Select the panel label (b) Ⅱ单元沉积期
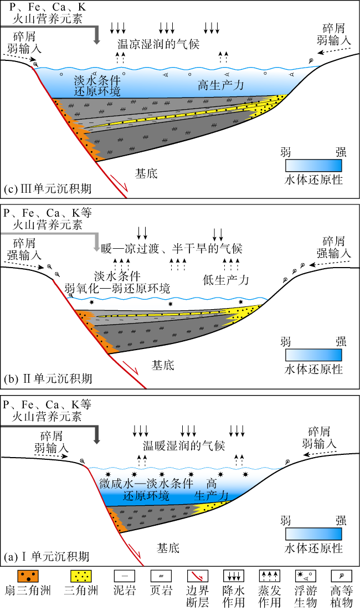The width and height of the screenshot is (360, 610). coord(48,378)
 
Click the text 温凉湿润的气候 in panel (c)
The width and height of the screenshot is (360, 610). coord(158,43)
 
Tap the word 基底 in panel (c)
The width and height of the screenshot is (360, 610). coord(147,173)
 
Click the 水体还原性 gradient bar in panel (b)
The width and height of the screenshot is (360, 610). coord(313,355)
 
